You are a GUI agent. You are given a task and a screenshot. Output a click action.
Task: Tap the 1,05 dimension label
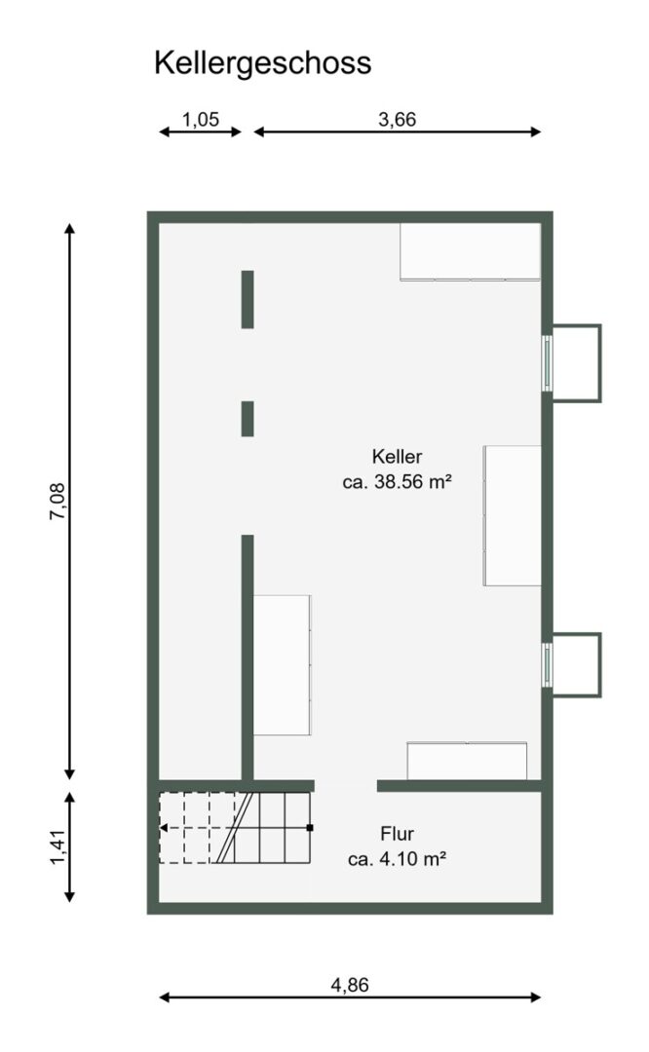(201, 120)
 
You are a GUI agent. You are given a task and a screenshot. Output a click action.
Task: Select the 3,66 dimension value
(398, 120)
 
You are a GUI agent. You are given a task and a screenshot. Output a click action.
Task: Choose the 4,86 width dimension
(350, 985)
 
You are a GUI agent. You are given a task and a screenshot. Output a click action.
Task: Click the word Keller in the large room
(397, 457)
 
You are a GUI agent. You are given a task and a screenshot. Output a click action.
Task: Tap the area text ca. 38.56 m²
(397, 482)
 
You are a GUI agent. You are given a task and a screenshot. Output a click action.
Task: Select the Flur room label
(397, 834)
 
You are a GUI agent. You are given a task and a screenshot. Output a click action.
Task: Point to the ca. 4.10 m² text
(397, 859)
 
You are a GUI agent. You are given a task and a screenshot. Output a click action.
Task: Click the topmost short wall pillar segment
(248, 299)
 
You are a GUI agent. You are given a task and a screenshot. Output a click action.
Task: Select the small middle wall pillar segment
(248, 419)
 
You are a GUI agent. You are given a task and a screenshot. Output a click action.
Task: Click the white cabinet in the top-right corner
(470, 251)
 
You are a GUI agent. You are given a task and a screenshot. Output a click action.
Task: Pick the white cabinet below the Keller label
(512, 515)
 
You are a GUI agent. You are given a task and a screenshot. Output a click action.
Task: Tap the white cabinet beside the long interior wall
(283, 665)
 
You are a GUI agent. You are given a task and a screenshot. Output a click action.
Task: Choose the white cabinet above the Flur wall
(467, 761)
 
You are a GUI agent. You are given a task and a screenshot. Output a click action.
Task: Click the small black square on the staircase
(310, 828)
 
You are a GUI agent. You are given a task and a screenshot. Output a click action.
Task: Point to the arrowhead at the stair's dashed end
(163, 828)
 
